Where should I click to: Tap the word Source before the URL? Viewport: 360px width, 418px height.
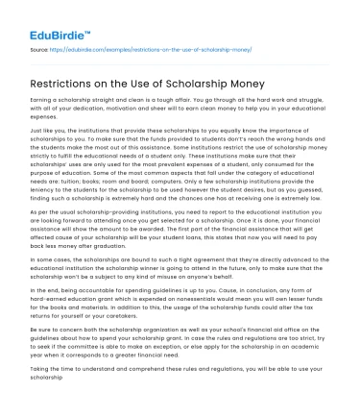point(37,46)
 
